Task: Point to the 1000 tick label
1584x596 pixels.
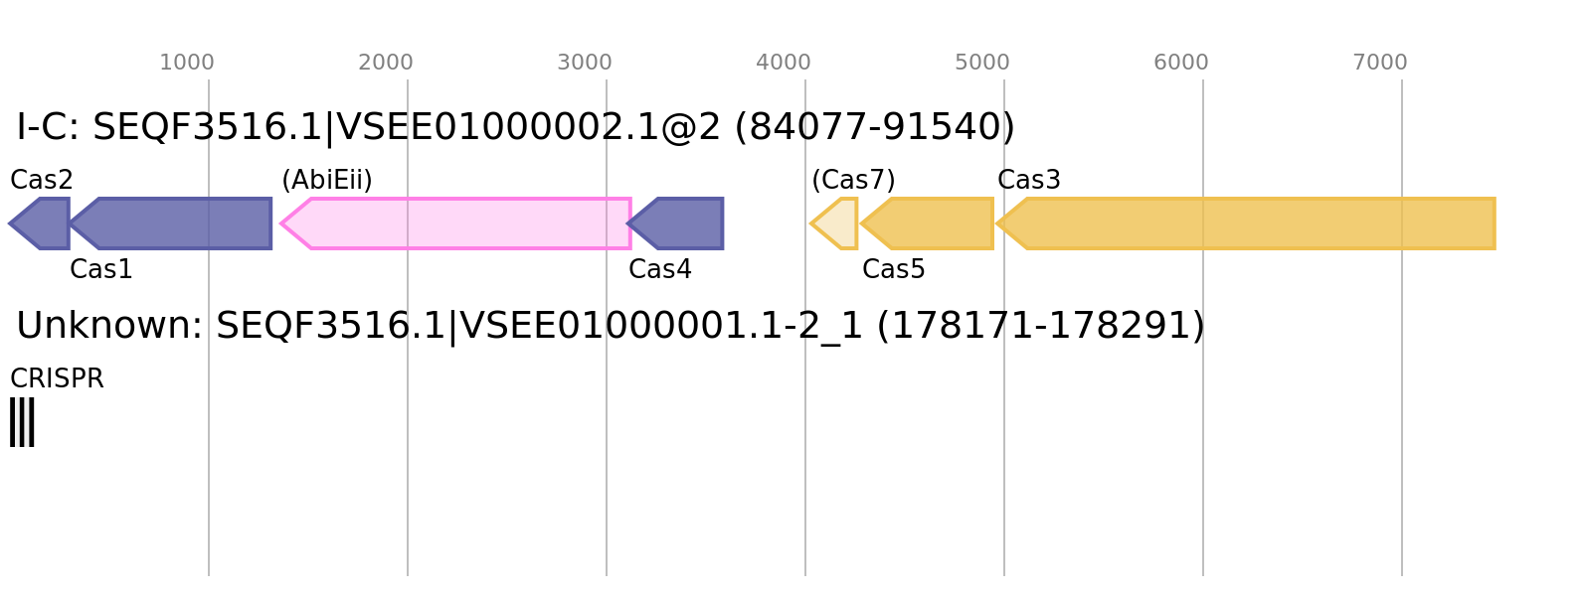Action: [x=187, y=63]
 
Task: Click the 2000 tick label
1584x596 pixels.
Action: [x=386, y=63]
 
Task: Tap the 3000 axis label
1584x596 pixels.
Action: [x=585, y=63]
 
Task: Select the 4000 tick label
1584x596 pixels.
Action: [x=784, y=63]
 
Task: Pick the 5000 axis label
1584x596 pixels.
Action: [x=982, y=63]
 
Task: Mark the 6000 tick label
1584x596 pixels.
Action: [x=1181, y=63]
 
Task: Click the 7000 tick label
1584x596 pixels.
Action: [x=1380, y=63]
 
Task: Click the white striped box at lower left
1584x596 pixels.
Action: [x=22, y=422]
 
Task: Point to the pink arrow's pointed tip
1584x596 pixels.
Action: [x=281, y=223]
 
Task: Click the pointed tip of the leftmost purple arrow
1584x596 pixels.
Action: [x=10, y=223]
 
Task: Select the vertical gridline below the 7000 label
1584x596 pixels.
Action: [x=1402, y=447]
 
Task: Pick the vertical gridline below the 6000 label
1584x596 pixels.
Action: [x=1203, y=447]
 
